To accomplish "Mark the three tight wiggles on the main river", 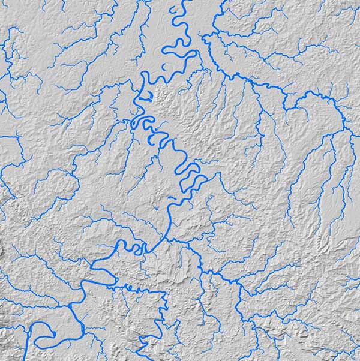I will point(134,248).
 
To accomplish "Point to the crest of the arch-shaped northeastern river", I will point(312,94).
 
